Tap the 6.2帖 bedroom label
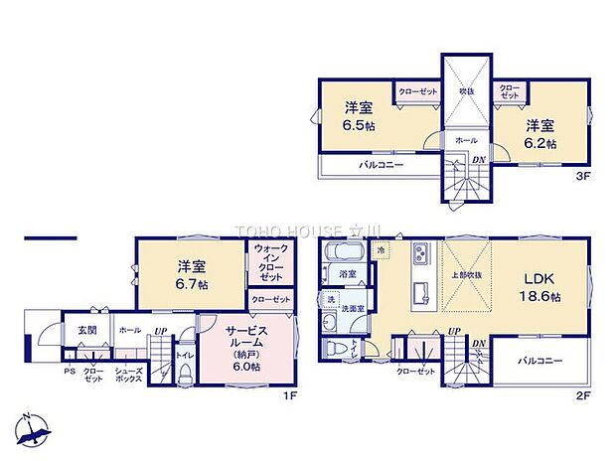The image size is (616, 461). pyautogui.click(x=540, y=133)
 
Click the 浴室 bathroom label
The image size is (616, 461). pyautogui.click(x=348, y=272)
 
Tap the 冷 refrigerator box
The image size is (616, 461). pyautogui.click(x=381, y=251)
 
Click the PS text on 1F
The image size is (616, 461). pyautogui.click(x=69, y=372)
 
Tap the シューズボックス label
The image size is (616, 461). pyautogui.click(x=127, y=376)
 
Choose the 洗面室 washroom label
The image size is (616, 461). pyautogui.click(x=353, y=308)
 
